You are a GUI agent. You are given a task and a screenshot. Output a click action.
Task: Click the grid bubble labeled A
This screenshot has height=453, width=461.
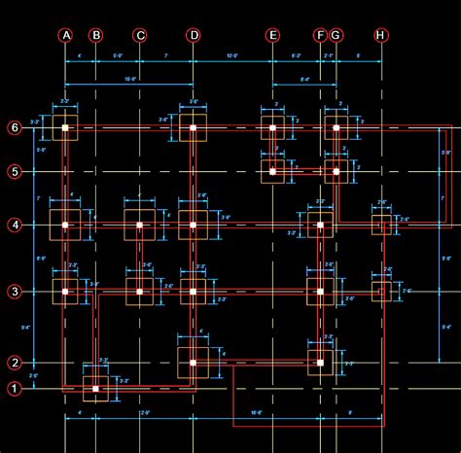66,36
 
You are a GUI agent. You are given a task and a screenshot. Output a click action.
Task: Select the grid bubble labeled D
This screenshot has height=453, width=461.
194,36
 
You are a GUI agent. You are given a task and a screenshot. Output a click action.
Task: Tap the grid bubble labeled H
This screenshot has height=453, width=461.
380,36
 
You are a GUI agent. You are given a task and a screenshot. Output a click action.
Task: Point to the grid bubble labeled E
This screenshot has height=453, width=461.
272,36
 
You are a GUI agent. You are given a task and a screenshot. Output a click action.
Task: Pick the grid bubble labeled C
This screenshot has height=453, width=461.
140,36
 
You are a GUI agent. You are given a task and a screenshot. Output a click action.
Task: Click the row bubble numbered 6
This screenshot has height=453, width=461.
15,127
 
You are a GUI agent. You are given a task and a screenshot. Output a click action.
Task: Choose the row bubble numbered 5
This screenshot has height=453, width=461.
15,172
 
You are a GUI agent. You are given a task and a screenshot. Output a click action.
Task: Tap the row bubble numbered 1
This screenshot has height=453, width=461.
15,390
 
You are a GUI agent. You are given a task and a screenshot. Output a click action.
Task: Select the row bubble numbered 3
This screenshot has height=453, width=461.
15,291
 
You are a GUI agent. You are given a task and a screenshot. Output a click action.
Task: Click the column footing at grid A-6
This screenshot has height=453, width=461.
66,127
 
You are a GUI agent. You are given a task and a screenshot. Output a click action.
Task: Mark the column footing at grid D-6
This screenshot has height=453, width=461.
194,127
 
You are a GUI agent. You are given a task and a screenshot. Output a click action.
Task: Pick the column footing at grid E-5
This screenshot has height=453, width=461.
272,172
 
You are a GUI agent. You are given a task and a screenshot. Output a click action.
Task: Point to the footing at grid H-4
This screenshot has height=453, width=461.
381,226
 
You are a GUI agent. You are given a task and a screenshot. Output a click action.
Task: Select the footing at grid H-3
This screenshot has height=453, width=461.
381,291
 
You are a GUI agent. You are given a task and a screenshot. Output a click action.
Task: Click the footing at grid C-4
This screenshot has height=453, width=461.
140,225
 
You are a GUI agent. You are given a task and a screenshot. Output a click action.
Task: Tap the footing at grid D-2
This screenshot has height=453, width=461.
193,363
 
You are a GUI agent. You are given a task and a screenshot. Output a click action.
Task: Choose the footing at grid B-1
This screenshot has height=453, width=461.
95,389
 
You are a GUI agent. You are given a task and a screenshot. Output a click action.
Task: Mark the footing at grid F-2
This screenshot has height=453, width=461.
320,362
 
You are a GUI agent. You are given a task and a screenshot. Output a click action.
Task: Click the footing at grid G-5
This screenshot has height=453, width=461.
336,172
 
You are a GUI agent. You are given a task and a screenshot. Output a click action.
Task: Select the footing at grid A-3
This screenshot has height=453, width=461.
66,291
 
